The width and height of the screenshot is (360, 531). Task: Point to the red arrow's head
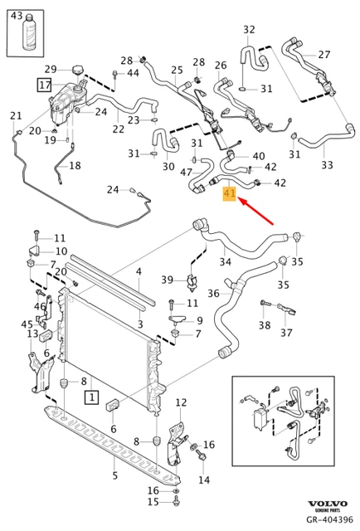239,200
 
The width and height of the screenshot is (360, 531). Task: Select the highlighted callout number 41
230,194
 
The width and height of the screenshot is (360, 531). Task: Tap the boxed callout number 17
43,84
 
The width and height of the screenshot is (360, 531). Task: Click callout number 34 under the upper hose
224,263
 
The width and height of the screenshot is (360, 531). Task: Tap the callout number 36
213,293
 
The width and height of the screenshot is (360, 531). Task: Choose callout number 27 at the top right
324,55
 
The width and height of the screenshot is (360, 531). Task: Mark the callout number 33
327,165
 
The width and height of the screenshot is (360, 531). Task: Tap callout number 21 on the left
16,115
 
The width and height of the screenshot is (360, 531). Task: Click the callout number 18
75,166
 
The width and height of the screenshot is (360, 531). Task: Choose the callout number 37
286,334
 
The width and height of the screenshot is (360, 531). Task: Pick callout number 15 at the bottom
152,501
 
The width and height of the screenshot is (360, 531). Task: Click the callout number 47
187,173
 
